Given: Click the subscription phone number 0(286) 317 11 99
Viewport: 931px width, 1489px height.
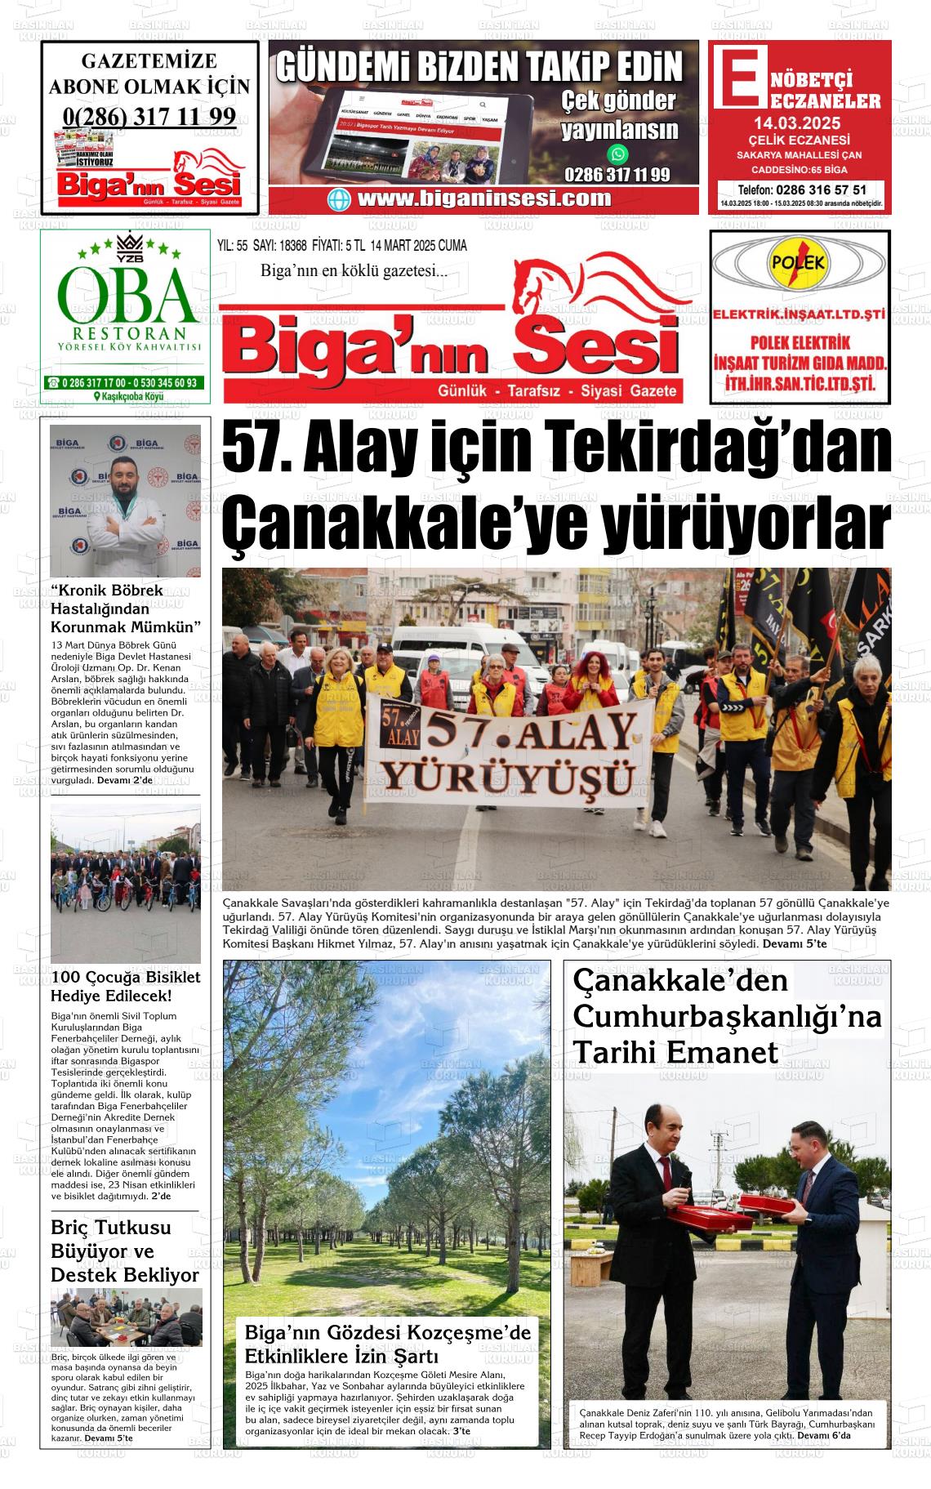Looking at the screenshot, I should (x=149, y=116).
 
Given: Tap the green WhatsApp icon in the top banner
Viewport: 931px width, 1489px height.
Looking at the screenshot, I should (x=618, y=154).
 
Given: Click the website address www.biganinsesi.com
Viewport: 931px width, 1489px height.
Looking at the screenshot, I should (x=483, y=198).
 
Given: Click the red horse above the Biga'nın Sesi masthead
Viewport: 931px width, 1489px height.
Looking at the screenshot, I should (x=588, y=286).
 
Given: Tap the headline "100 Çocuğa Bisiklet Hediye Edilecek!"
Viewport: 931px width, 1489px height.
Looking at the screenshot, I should (x=125, y=986).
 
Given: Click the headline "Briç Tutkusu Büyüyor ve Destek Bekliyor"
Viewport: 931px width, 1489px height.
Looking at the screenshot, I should (x=125, y=1250).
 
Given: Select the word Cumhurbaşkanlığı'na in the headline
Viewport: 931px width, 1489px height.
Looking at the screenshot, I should (x=728, y=1017).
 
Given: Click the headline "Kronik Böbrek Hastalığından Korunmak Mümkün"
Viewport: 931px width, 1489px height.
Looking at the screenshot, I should (x=125, y=609).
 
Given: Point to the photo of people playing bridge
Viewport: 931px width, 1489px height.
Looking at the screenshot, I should (x=126, y=1317).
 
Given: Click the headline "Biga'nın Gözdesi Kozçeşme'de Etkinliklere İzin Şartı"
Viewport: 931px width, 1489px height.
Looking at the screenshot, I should (x=387, y=1344).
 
